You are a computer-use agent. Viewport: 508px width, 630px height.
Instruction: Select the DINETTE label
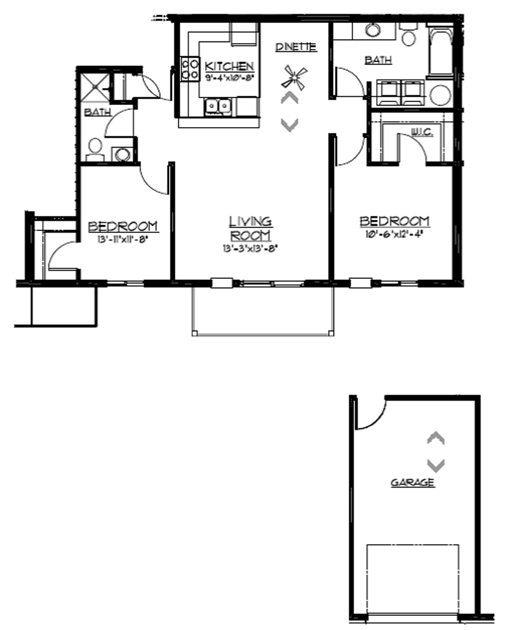296,47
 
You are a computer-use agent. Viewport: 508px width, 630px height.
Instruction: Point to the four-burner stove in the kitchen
188,68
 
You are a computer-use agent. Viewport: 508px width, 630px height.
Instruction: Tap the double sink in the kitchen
217,106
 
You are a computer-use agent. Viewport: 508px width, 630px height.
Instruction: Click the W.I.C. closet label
421,133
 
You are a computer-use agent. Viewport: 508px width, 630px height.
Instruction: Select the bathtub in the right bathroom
440,50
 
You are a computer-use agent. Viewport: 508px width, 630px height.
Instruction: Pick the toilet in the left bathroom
94,149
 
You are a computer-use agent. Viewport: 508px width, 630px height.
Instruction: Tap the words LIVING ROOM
250,229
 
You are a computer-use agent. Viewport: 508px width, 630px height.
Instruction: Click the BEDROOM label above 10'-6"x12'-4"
394,222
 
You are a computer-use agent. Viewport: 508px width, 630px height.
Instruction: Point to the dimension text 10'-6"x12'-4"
394,235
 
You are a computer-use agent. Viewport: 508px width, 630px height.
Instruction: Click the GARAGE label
412,482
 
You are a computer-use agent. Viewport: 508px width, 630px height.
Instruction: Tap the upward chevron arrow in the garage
436,438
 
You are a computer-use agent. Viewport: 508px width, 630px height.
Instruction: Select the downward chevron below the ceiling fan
290,124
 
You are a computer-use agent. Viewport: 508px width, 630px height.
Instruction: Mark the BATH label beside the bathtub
378,60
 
